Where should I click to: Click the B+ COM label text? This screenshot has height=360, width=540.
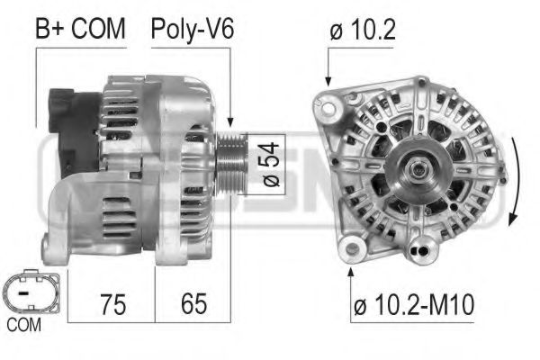79,30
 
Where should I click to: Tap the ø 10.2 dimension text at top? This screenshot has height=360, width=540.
363,30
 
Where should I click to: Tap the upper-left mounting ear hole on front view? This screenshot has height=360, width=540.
331,110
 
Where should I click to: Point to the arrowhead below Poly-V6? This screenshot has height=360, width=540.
231,122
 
